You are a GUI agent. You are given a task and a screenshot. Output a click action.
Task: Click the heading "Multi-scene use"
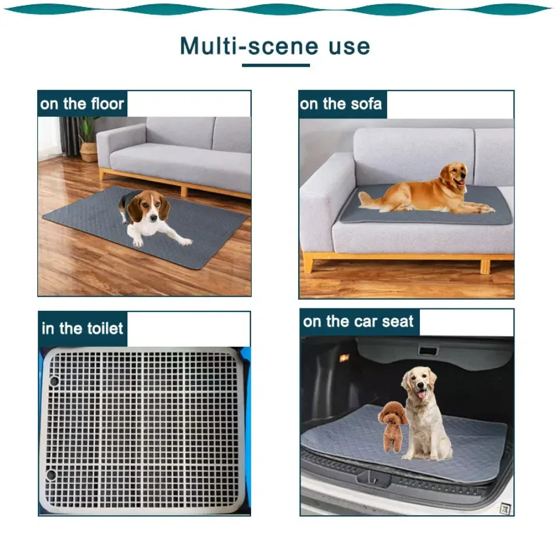coord(274,46)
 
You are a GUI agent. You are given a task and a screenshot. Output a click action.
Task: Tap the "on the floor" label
coord(82,105)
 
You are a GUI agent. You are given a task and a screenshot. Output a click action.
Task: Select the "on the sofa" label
coord(341,104)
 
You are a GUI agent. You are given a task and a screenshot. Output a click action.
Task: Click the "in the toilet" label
coord(83,329)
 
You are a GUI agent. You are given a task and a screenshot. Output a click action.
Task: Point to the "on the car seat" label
coord(358,322)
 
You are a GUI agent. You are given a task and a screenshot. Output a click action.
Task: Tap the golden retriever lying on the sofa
coord(430,192)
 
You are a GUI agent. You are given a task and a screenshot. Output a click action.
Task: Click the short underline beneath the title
coord(276,65)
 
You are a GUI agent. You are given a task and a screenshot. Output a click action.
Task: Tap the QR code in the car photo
coord(505,508)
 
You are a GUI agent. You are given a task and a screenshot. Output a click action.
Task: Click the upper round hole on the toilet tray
coord(53,380)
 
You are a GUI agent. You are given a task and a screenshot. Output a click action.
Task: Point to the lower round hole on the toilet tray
coord(51,475)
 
